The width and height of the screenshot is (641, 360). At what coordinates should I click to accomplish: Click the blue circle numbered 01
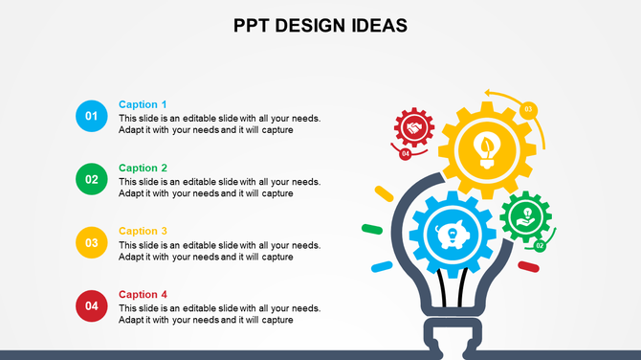tap(92, 116)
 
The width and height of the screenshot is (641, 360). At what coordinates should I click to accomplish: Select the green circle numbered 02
tap(92, 179)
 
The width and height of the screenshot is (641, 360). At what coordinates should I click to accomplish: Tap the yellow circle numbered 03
tap(92, 242)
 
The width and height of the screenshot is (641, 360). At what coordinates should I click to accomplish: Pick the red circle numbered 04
tap(92, 305)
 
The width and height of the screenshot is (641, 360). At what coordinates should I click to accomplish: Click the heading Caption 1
tap(143, 104)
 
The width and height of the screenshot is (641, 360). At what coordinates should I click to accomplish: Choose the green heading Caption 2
tap(143, 168)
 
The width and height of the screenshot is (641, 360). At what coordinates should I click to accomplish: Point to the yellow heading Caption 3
tap(143, 231)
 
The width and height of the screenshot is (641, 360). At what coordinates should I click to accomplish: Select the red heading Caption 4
tap(143, 294)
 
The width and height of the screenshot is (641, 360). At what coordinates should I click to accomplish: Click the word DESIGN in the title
tap(320, 26)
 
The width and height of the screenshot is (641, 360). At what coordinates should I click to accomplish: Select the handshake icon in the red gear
tap(414, 126)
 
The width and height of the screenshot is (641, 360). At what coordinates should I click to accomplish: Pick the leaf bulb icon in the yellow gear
tap(487, 148)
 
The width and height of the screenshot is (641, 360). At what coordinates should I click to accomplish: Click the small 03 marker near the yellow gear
tap(528, 109)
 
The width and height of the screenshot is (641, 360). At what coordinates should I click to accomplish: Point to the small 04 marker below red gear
tap(406, 153)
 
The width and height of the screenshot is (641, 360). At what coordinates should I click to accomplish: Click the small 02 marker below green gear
tap(540, 245)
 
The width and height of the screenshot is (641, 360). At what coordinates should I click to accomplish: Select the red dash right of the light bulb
tap(528, 266)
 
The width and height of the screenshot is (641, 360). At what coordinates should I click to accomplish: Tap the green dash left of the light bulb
tap(371, 229)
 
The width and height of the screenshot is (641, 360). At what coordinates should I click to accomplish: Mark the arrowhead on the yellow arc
tap(488, 93)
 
